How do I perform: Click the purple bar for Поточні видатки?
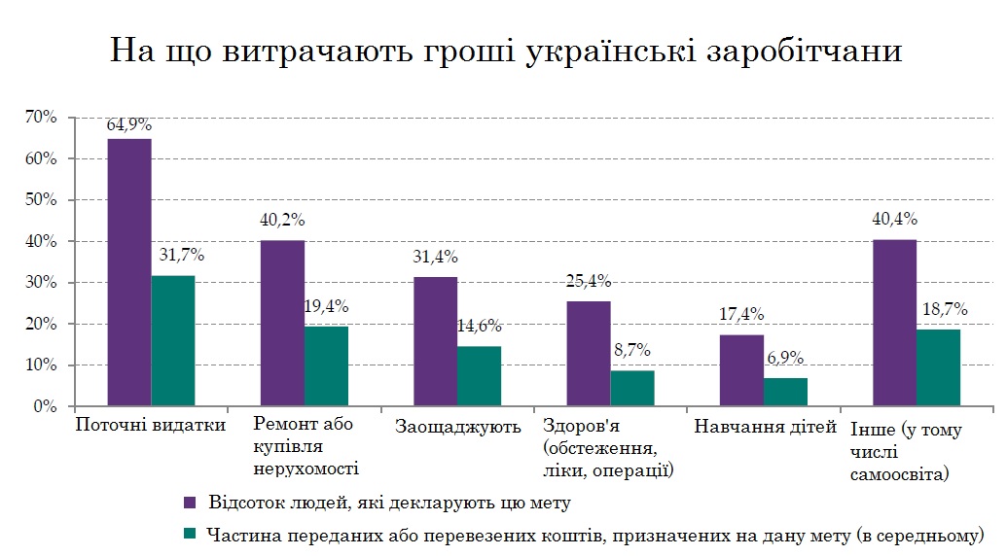point(129,272)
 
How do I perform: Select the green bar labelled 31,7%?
point(173,341)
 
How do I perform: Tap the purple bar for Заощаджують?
point(435,341)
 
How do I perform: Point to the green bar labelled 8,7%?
point(632,388)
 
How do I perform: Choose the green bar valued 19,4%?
point(326,366)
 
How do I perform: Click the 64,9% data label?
point(129,125)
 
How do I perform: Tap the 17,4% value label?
point(741,315)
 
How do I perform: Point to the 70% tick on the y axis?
point(41,117)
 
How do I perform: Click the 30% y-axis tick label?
point(41,283)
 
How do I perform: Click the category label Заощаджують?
point(458,426)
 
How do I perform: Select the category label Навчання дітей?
point(765,426)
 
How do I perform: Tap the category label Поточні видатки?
point(151,426)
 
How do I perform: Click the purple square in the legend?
point(191,503)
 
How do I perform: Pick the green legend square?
point(191,534)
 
